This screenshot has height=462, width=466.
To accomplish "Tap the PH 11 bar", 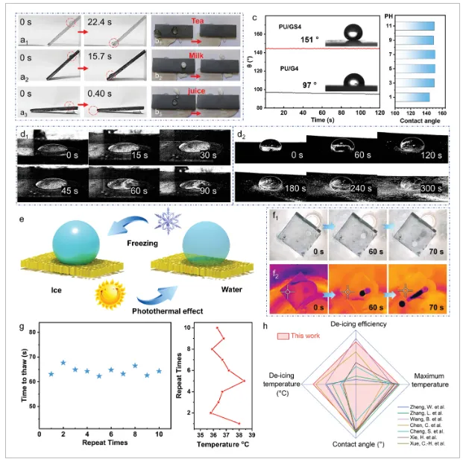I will pyautogui.click(x=421, y=26).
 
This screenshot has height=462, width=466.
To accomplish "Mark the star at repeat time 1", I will pyautogui.click(x=51, y=374).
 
